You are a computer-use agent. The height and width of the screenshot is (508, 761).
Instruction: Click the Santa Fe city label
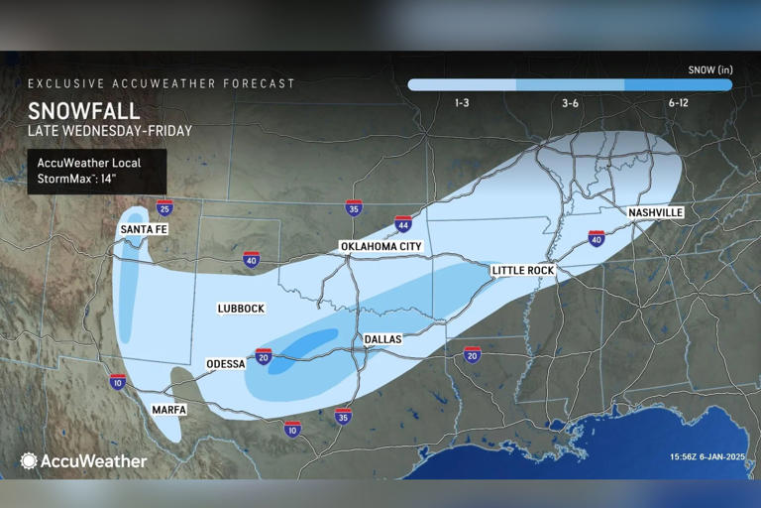[143, 229]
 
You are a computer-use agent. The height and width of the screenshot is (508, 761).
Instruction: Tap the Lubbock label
[241, 309]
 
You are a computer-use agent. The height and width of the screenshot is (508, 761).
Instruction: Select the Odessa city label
[225, 363]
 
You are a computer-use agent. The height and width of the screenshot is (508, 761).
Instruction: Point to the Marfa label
[168, 409]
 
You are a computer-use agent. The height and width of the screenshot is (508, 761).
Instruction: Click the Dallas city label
[382, 339]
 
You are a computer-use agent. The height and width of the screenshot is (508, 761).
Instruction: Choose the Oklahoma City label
[380, 246]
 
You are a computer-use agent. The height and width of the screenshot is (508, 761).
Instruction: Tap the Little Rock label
[522, 270]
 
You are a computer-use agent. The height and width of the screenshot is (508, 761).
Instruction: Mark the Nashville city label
[655, 213]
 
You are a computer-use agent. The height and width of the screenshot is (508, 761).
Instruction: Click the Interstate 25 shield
[164, 207]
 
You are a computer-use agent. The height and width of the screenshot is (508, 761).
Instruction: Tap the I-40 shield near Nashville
[596, 238]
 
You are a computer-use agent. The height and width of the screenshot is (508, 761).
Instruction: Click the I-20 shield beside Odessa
[264, 356]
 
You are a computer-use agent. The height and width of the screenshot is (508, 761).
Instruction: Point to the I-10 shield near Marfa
[118, 381]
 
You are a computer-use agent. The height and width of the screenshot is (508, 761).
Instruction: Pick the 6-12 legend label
[679, 102]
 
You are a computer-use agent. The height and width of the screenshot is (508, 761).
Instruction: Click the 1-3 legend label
[462, 102]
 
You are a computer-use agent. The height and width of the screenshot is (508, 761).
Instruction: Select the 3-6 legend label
[570, 102]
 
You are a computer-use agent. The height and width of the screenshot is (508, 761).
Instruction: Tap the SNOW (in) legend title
[709, 69]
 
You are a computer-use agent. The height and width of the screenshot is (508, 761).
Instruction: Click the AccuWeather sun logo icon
[29, 460]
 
